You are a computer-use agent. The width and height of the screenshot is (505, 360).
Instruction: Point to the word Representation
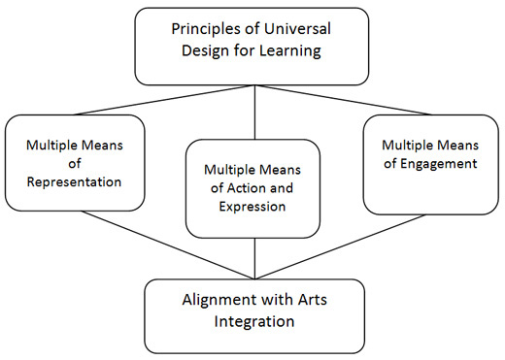pos(75,181)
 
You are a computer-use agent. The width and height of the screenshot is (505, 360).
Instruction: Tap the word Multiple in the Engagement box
pos(404,145)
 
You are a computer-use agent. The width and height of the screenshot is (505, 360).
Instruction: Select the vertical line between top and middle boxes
pos(254,112)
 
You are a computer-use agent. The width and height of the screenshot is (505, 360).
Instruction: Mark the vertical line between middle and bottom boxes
pos(254,257)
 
